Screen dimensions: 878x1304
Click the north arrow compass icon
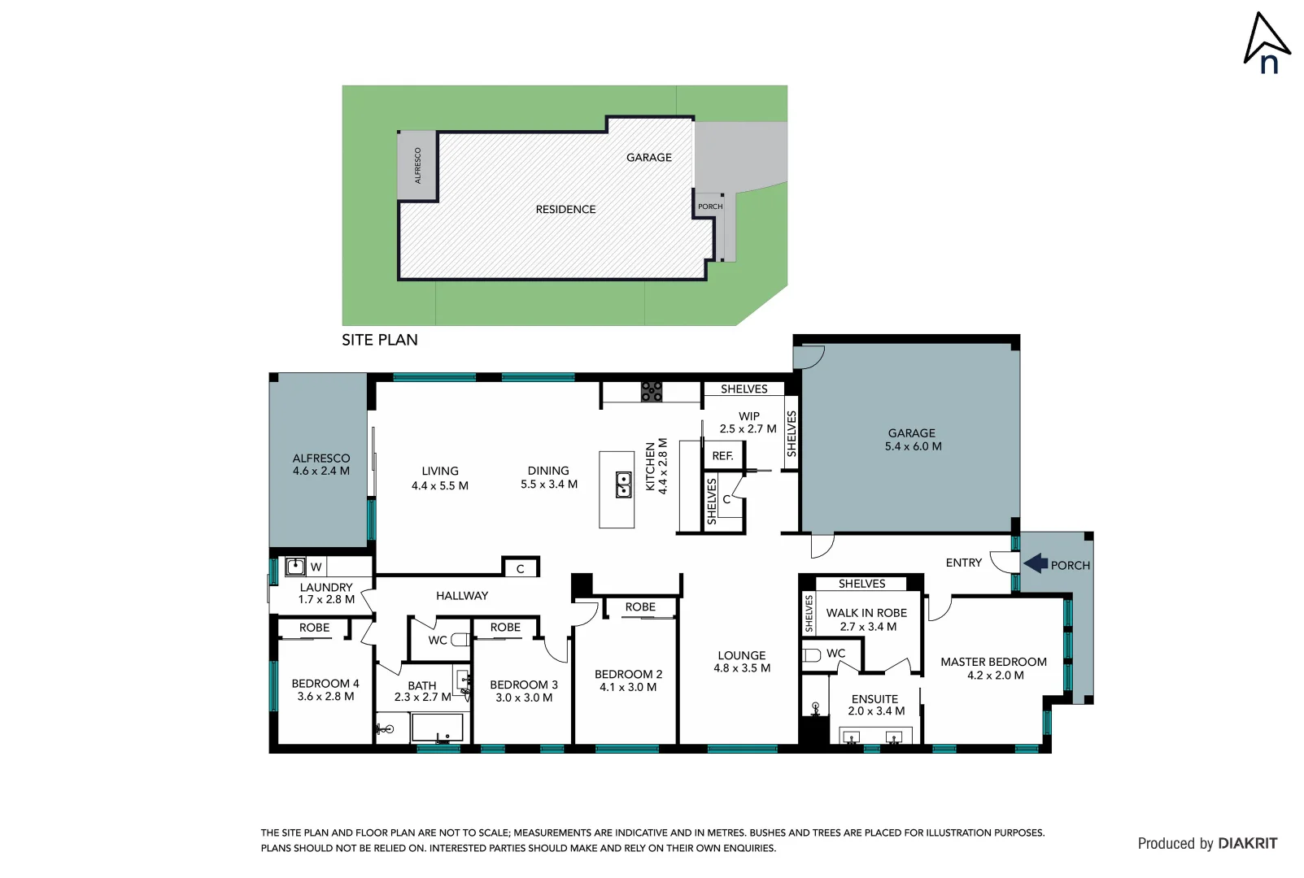click(1266, 44)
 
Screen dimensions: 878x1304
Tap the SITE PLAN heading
click(379, 340)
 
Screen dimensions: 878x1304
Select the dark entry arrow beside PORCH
click(1036, 563)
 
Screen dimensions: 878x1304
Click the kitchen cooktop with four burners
click(651, 392)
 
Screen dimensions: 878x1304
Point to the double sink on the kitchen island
click(623, 485)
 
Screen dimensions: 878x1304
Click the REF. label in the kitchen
click(722, 456)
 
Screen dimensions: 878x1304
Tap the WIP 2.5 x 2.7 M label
click(748, 423)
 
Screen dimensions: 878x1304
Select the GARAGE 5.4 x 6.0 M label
click(912, 440)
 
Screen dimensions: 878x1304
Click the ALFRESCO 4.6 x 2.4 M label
click(321, 464)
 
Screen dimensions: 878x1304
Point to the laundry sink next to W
click(295, 566)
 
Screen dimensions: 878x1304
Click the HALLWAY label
click(462, 596)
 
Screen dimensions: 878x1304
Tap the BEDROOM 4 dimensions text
click(325, 697)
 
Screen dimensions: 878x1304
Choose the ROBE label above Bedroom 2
click(640, 607)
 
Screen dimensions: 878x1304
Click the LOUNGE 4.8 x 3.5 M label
click(741, 662)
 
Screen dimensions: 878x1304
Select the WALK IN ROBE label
click(866, 613)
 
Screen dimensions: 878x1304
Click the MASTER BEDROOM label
click(993, 662)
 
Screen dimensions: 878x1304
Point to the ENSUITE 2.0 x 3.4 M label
click(875, 705)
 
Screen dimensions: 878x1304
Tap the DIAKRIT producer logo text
click(1247, 844)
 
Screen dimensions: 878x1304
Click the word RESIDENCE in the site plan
click(565, 210)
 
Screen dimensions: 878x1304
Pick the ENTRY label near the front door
click(963, 563)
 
